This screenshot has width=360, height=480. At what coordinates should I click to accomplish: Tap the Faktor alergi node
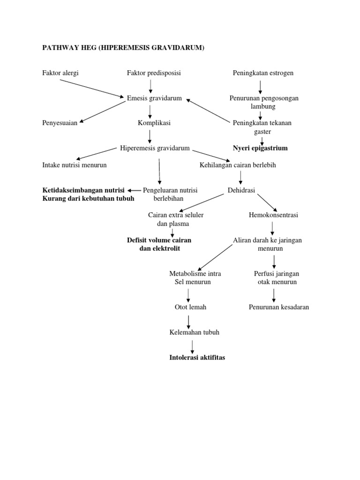60,73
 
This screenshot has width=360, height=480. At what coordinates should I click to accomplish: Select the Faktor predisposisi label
154,73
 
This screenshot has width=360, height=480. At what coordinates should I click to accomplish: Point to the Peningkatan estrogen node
263,73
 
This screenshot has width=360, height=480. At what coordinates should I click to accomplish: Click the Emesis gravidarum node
154,98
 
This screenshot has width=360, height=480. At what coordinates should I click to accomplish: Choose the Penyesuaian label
60,123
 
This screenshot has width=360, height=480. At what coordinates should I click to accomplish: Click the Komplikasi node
154,123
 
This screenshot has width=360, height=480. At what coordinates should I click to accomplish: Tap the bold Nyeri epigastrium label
260,148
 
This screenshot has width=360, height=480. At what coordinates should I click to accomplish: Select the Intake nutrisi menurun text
75,165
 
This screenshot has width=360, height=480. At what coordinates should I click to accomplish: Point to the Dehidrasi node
241,190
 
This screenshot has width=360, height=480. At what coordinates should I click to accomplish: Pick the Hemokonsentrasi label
274,215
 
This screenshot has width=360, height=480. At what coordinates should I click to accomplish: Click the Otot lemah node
187,307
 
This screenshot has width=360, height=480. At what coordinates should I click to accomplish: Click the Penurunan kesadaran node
279,307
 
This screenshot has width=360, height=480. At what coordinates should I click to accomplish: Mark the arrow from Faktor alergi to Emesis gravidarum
92,88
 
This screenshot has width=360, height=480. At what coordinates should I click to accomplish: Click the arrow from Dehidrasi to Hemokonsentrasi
268,202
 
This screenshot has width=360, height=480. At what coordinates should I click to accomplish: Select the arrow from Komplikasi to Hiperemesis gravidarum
150,135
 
